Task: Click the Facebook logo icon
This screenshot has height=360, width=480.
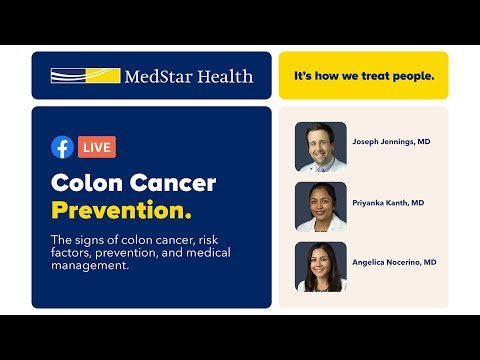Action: pyautogui.click(x=62, y=147)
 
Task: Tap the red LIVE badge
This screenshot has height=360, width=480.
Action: pyautogui.click(x=97, y=147)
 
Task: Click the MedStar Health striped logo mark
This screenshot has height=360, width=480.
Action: pyautogui.click(x=85, y=76)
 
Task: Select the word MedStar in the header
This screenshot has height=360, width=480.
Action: pyautogui.click(x=159, y=76)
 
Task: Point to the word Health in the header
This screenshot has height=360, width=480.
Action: pyautogui.click(x=225, y=76)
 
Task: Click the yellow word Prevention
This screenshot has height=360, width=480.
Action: pyautogui.click(x=122, y=211)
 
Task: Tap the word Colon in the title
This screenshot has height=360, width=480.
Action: pyautogui.click(x=87, y=183)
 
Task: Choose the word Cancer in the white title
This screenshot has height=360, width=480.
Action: pyautogui.click(x=173, y=183)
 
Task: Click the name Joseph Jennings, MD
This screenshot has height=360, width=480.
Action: pyautogui.click(x=391, y=141)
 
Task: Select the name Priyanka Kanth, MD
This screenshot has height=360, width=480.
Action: pyautogui.click(x=388, y=203)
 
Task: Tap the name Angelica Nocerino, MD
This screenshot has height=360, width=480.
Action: pyautogui.click(x=394, y=262)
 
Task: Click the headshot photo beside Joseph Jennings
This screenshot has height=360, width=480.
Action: pyautogui.click(x=321, y=147)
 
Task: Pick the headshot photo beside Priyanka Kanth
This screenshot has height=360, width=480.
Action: pyautogui.click(x=321, y=207)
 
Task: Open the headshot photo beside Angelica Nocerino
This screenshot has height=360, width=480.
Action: pyautogui.click(x=321, y=267)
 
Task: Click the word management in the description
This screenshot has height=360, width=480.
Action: pyautogui.click(x=90, y=266)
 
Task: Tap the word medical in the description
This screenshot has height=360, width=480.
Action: pyautogui.click(x=208, y=252)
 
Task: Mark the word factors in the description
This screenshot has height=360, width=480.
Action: pyautogui.click(x=71, y=253)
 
